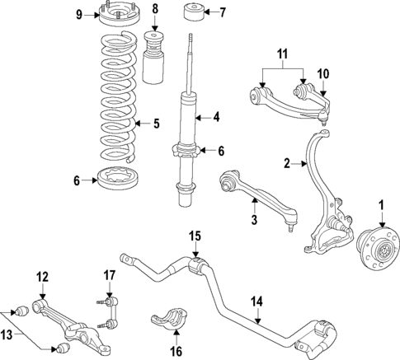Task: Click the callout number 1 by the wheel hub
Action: point(382,204)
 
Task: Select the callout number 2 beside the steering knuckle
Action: point(288,164)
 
